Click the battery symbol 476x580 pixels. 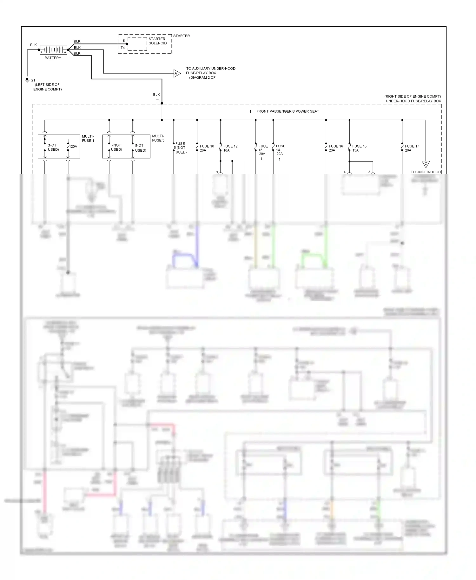[53, 50]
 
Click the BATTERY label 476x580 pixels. [53, 58]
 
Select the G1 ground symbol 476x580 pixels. [27, 80]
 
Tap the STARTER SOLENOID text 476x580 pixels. [157, 41]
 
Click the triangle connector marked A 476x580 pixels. [176, 73]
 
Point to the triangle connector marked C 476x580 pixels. [426, 164]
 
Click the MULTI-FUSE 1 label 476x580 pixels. [88, 138]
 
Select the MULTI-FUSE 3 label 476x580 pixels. [158, 138]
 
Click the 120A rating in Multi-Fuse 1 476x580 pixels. [73, 147]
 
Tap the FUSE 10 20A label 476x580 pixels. [207, 148]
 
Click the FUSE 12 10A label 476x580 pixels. [230, 148]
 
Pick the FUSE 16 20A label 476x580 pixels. [335, 148]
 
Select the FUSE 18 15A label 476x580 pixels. [359, 148]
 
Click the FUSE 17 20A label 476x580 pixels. [412, 148]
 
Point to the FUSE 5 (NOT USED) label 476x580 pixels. [180, 148]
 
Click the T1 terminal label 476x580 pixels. [158, 101]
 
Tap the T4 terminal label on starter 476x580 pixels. [123, 48]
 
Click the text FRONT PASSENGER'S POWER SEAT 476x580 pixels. [288, 111]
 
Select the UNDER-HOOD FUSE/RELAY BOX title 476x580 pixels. [413, 101]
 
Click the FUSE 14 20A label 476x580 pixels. [280, 150]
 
